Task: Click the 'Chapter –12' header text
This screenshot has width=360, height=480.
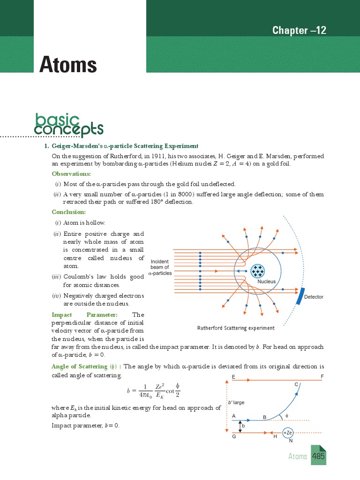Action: click(299, 30)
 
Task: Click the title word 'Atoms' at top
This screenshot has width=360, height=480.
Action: click(68, 64)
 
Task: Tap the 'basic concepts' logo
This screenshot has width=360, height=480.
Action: click(69, 124)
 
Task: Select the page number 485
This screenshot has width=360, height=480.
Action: click(319, 456)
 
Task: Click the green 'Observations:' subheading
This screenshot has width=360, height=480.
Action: click(71, 174)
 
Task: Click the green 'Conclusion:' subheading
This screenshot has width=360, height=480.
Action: click(69, 212)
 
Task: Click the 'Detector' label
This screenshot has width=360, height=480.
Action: click(314, 297)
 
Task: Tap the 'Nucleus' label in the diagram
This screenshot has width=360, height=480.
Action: click(266, 282)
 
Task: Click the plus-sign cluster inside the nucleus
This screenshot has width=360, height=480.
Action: click(257, 270)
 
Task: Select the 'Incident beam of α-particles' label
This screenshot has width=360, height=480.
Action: click(160, 267)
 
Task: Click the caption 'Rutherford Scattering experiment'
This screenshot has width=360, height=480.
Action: click(236, 328)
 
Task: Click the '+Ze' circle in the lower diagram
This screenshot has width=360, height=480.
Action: click(288, 432)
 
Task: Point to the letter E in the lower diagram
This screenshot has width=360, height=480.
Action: click(233, 377)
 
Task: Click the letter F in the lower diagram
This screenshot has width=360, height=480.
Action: click(322, 377)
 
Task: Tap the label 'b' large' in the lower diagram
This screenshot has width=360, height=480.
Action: click(236, 403)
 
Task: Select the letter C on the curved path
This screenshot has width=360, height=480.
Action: click(296, 384)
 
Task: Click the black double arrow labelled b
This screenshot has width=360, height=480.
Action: click(240, 426)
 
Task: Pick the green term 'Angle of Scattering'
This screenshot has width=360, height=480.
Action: click(80, 366)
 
